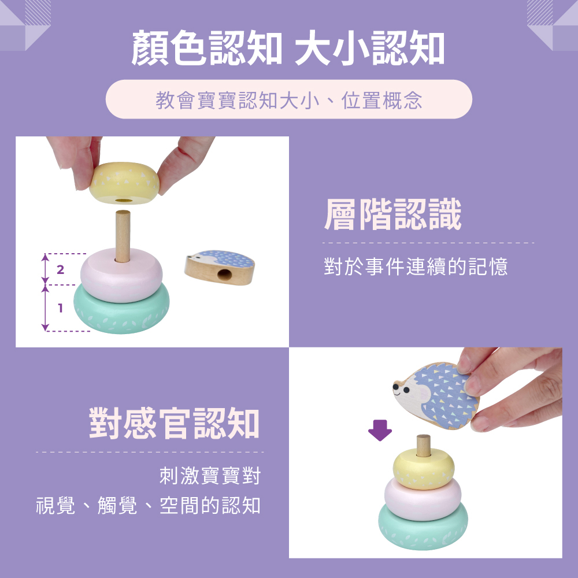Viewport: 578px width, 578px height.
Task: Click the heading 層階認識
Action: [x=392, y=214]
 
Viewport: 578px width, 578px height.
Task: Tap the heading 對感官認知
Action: [x=175, y=423]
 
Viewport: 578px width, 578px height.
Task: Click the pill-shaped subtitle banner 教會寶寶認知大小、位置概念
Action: [x=288, y=99]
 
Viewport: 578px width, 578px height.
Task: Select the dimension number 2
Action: [x=61, y=269]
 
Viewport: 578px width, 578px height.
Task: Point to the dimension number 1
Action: [x=61, y=308]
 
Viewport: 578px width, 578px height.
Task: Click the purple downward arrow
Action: [x=380, y=430]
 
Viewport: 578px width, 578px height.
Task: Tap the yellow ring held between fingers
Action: [x=124, y=183]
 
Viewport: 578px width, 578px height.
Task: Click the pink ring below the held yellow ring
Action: [x=121, y=275]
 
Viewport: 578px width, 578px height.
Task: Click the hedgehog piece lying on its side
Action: [x=220, y=268]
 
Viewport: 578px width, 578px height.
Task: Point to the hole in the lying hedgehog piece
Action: [x=223, y=274]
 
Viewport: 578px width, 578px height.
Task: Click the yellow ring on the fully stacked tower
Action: [x=424, y=469]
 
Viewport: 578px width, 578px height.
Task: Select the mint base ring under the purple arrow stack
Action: [x=423, y=528]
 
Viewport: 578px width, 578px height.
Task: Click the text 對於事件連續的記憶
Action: [x=416, y=266]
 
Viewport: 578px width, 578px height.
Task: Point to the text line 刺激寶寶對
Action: [x=210, y=476]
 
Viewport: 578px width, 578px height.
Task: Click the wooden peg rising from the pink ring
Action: [x=123, y=236]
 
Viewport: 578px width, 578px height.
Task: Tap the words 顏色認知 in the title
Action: [x=207, y=49]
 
